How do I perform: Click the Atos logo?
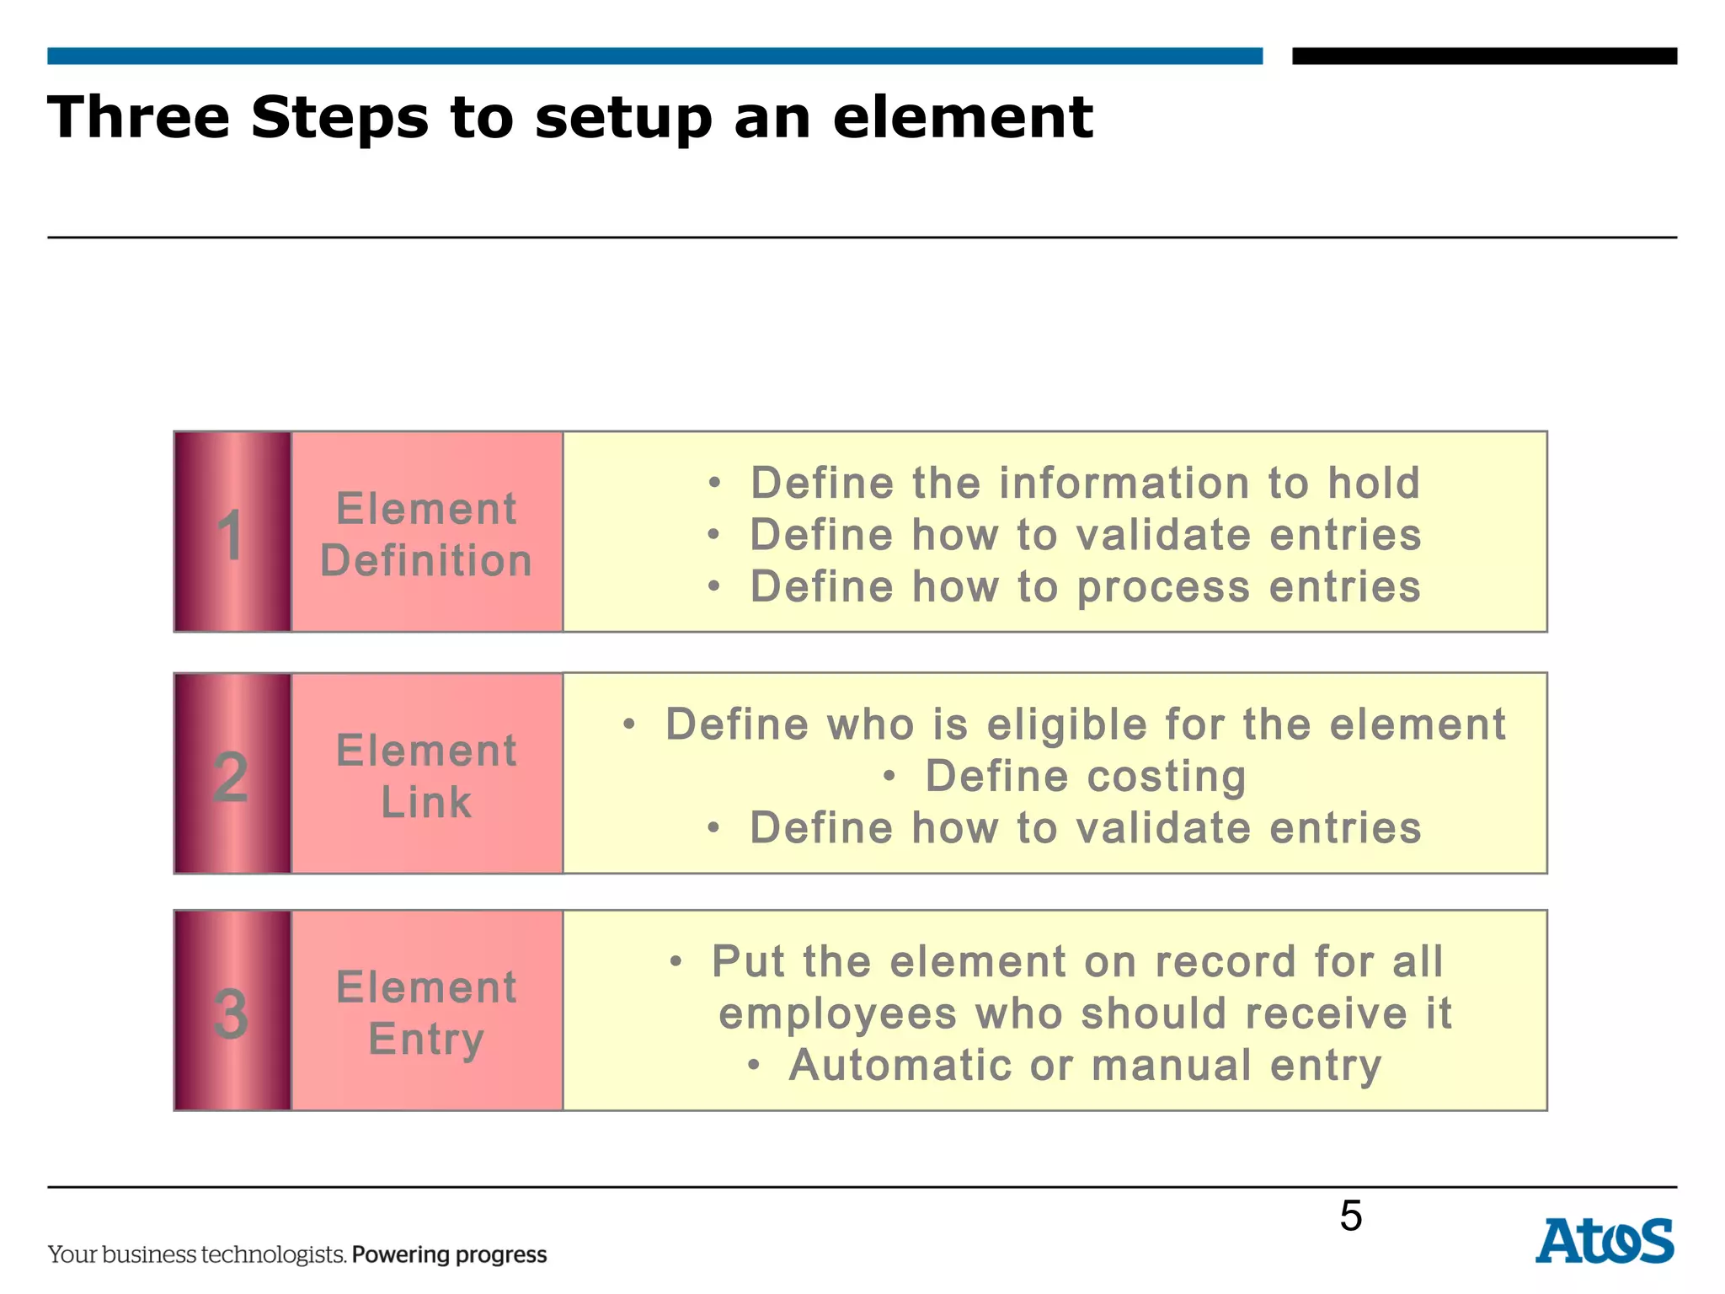point(1604,1241)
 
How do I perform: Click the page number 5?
point(1350,1216)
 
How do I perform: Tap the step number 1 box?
point(232,532)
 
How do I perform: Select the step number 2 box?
point(232,773)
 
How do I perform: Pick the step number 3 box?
point(232,1011)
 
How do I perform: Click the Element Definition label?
point(426,534)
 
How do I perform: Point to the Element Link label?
point(426,775)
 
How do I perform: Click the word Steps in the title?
point(340,118)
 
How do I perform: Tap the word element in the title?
point(963,118)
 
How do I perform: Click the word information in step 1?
point(1124,483)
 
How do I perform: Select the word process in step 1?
point(1163,587)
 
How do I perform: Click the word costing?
point(1170,776)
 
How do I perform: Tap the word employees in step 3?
point(837,1013)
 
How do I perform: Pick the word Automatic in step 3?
point(899,1065)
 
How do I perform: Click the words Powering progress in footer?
point(449,1254)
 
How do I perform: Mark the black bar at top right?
point(1484,56)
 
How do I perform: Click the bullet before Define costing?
point(889,777)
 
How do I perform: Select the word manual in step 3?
point(1171,1065)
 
